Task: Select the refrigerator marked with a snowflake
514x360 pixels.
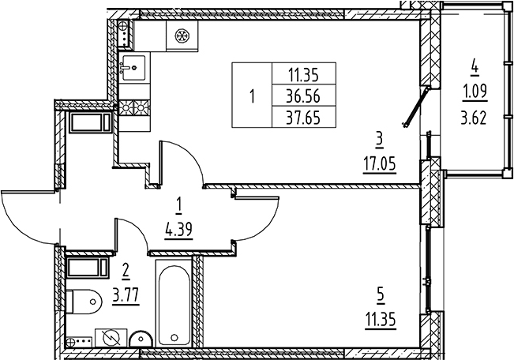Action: [x=181, y=36]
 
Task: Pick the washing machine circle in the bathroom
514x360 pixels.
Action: [x=111, y=337]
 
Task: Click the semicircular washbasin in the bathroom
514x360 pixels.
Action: [x=140, y=339]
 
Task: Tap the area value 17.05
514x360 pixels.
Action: [x=380, y=167]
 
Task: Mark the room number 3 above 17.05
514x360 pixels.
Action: [x=380, y=141]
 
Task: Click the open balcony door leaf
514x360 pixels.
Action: [x=415, y=107]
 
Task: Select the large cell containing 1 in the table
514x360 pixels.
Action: [x=251, y=96]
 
